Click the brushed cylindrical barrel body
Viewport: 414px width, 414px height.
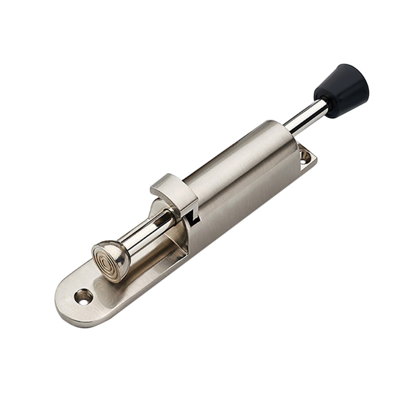239,166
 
